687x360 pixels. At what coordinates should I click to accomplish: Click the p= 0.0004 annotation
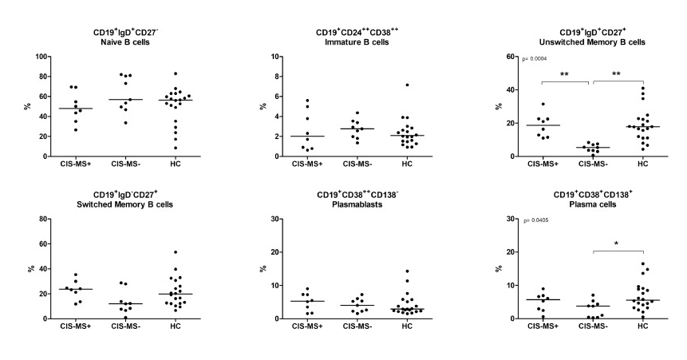click(535, 58)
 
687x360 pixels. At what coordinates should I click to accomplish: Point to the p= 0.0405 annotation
click(535, 219)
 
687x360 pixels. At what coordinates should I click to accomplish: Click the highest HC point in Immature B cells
click(406, 85)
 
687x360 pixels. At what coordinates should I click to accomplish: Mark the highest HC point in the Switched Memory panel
click(175, 252)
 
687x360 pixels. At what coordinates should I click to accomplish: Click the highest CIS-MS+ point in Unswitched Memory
click(543, 104)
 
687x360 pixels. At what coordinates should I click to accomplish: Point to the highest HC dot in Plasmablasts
click(406, 271)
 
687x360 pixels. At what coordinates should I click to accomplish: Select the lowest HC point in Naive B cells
click(175, 148)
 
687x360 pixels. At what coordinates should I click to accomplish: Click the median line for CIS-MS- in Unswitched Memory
click(593, 148)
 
